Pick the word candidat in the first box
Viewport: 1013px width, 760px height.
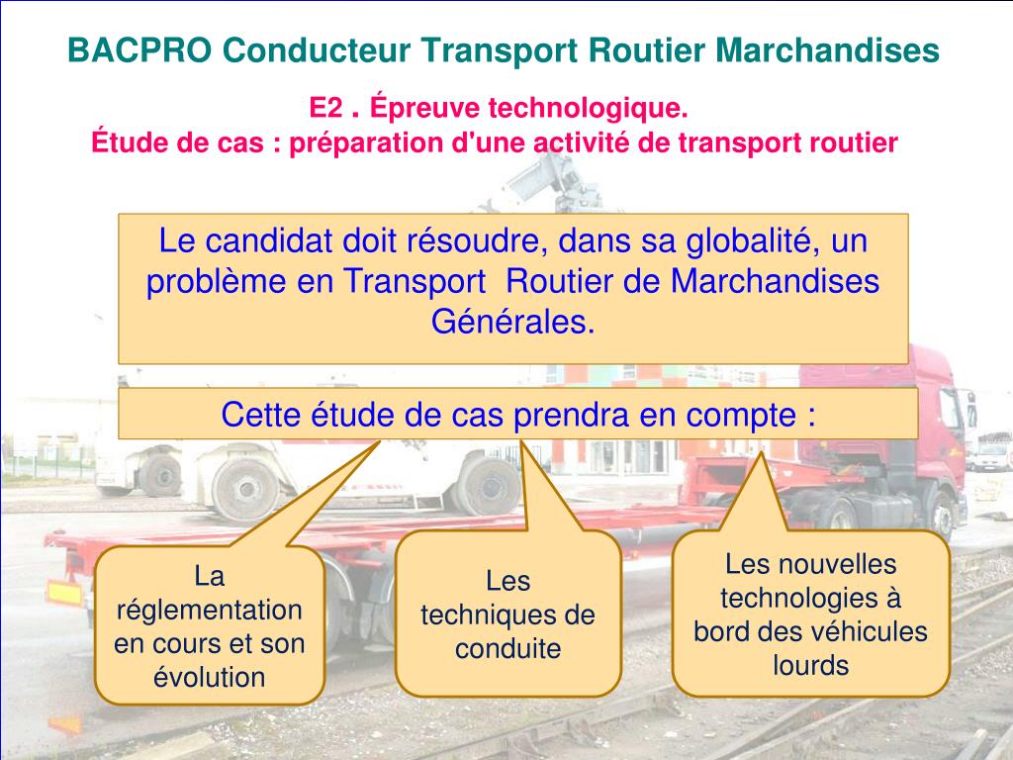(x=270, y=240)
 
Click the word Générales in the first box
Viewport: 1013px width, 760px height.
(x=513, y=322)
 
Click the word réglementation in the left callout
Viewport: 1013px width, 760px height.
(x=210, y=609)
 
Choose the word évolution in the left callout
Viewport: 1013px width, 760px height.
(x=210, y=677)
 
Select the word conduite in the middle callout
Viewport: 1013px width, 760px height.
(x=508, y=649)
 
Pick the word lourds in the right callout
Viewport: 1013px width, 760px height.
(x=811, y=665)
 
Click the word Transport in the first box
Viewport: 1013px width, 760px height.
(x=415, y=281)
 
